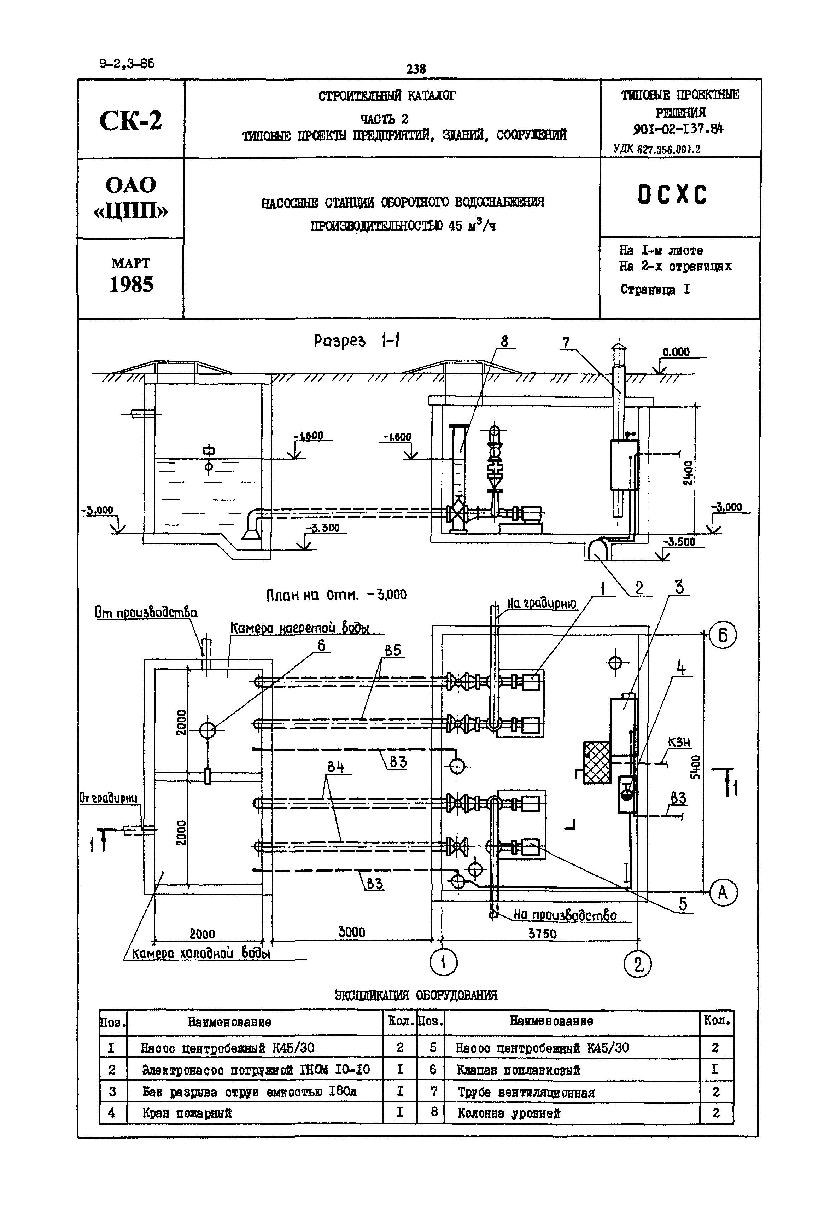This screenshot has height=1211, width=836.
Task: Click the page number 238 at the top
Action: tap(416, 69)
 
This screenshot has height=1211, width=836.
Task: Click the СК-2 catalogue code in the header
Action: tap(130, 121)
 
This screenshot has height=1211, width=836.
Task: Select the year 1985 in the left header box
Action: tap(131, 284)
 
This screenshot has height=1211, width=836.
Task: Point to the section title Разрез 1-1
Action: tap(357, 341)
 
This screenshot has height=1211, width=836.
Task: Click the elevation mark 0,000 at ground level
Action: tap(676, 352)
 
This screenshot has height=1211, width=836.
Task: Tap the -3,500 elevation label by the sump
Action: tap(680, 542)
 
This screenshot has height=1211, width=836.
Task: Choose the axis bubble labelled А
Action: tap(723, 892)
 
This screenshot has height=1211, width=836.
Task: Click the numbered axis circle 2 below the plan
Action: tap(637, 964)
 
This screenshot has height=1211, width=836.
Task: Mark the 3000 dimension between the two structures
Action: tap(351, 932)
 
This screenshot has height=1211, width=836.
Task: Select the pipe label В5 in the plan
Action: tap(392, 651)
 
